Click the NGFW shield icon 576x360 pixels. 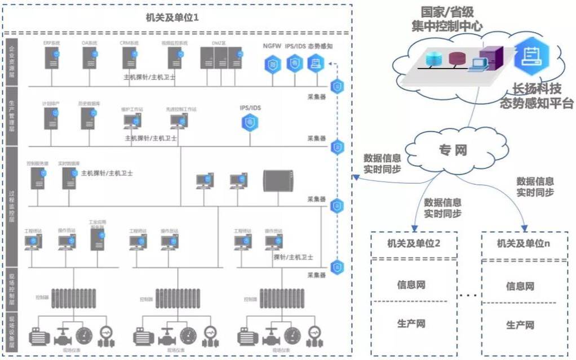[272, 64]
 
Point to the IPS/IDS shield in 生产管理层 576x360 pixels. [249, 122]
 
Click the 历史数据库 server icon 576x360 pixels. [88, 117]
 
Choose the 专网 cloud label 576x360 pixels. [453, 150]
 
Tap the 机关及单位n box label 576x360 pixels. [523, 243]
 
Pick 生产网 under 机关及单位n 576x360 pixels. [520, 325]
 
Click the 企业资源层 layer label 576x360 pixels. [12, 61]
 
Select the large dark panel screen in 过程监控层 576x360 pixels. [280, 180]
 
